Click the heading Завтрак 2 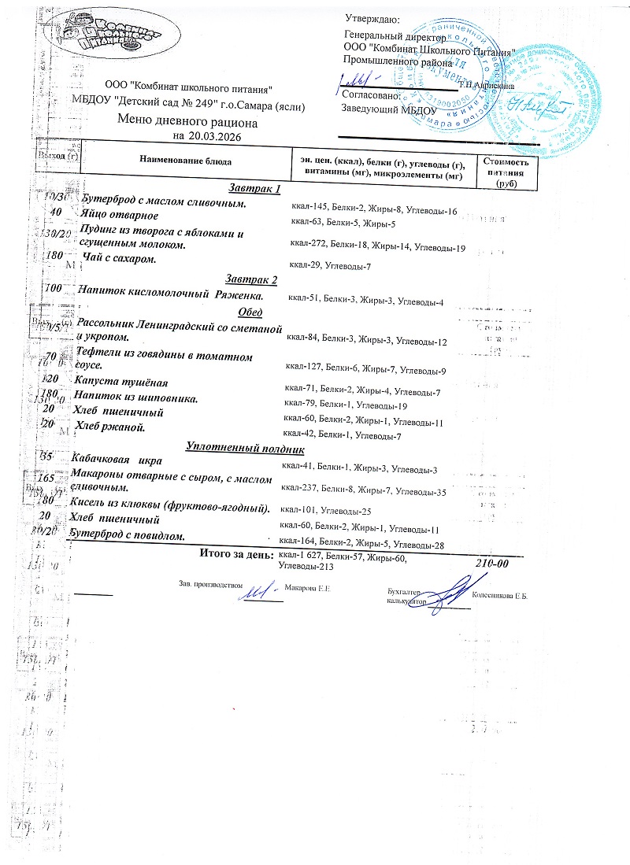coord(251,279)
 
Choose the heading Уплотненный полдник coord(243,448)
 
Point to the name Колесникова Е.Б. coord(499,596)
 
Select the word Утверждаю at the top coord(372,19)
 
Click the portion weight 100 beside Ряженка coord(54,289)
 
